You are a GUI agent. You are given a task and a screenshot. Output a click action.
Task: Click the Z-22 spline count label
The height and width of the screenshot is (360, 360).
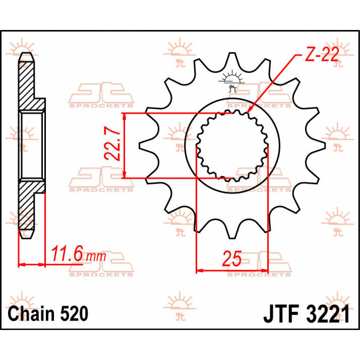click(x=322, y=55)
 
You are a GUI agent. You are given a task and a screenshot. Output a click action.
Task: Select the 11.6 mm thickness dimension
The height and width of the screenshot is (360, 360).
click(x=79, y=255)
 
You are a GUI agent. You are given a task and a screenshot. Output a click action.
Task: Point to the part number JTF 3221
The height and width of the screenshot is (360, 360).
click(x=306, y=314)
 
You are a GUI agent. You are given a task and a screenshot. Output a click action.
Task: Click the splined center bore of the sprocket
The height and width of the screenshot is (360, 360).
click(x=232, y=146)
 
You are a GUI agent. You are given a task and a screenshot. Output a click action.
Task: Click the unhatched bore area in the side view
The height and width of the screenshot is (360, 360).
click(x=31, y=146)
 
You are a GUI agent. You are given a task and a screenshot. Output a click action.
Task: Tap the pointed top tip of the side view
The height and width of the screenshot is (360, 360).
click(x=26, y=54)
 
